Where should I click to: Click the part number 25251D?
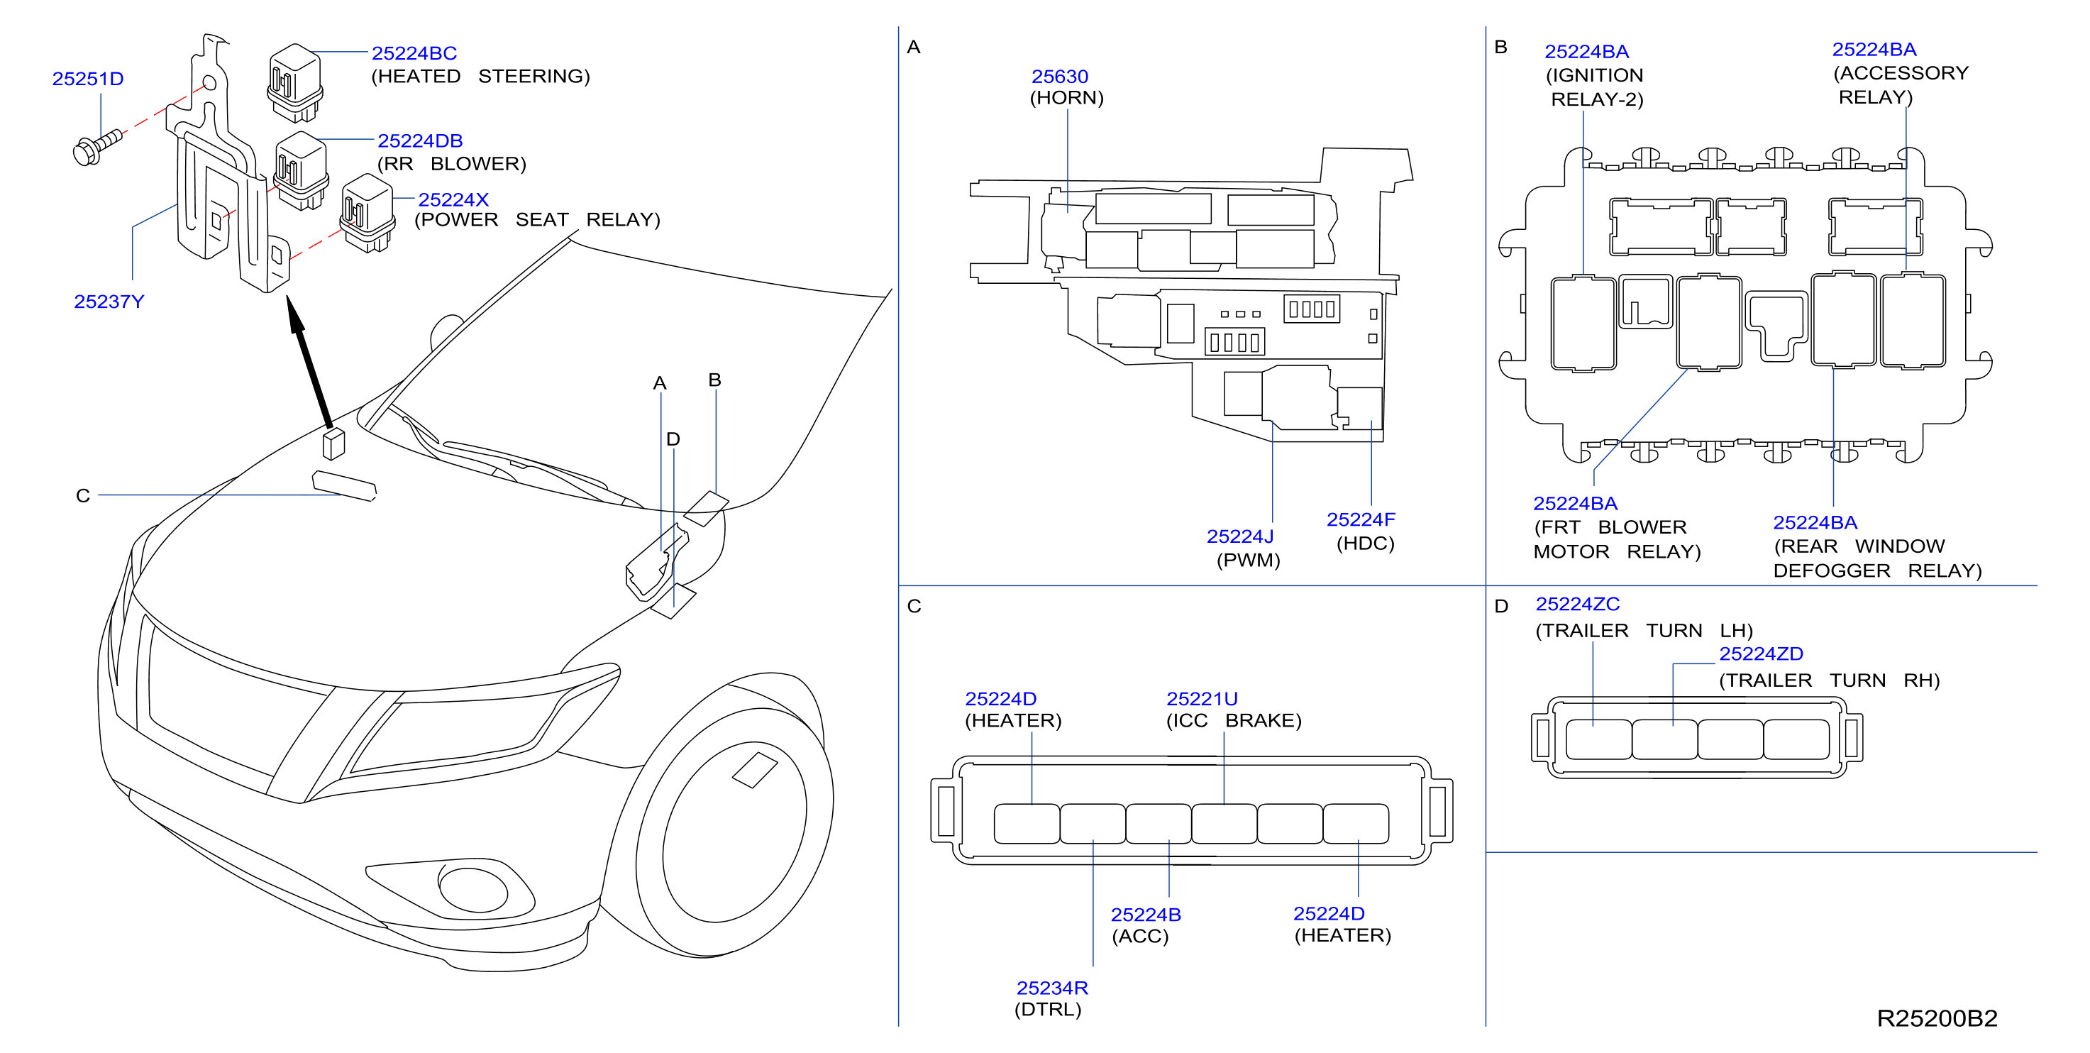click(88, 79)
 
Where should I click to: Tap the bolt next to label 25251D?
click(96, 147)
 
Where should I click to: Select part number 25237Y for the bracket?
click(109, 302)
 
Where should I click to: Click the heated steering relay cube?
click(295, 82)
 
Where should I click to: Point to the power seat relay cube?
click(368, 213)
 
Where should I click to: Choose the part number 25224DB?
click(420, 140)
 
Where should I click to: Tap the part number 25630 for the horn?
click(1060, 76)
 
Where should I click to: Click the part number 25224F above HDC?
click(1361, 519)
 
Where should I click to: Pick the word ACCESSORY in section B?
click(1901, 73)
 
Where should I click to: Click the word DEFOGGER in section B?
click(1832, 570)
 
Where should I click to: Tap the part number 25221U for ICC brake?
click(1202, 698)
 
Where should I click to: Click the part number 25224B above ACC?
click(1146, 914)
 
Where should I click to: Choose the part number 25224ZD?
click(1762, 653)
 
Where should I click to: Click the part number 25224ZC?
click(1577, 604)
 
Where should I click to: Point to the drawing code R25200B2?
click(1937, 1018)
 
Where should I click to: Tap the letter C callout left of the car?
click(83, 496)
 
